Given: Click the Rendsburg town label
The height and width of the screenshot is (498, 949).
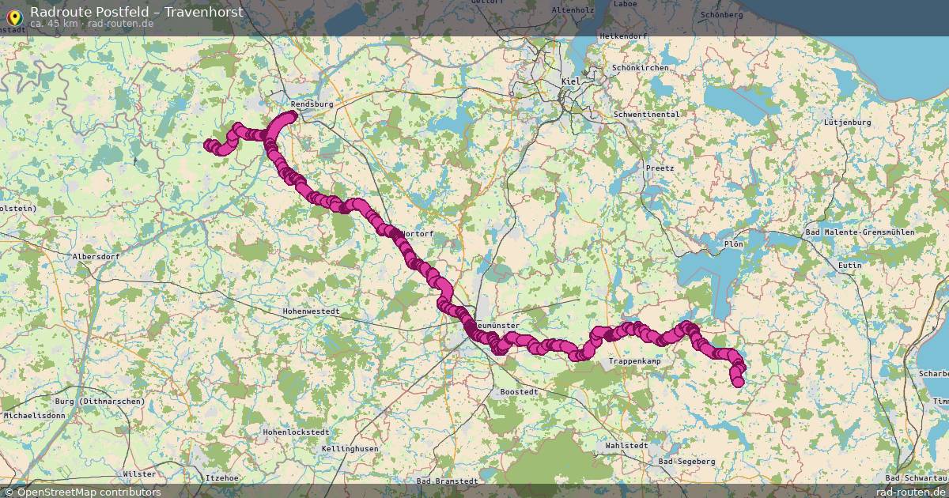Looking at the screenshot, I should (x=312, y=104).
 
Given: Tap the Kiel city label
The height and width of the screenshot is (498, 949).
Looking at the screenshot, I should (x=570, y=81).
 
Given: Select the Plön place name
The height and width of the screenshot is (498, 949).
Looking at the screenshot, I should (x=733, y=244).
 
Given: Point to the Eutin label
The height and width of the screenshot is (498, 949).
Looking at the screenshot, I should (x=850, y=266).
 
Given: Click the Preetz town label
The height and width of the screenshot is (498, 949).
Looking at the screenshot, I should (x=660, y=168).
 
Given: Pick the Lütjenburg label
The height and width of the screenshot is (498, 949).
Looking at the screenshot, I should (x=847, y=123).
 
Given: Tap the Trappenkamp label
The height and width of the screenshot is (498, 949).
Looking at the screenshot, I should (x=634, y=361).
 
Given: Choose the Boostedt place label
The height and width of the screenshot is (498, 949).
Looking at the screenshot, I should (x=520, y=392).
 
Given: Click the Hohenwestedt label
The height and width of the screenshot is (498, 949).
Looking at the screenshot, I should (x=311, y=311).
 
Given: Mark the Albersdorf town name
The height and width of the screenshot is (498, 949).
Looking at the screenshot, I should (x=95, y=257).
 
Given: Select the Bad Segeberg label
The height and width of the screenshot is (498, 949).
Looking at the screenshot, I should (x=686, y=461).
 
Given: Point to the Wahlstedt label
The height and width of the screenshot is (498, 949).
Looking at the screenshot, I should (x=626, y=446).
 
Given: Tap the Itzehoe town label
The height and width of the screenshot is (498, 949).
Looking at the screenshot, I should (x=221, y=478).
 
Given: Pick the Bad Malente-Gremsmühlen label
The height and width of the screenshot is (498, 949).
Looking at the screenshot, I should (x=859, y=232).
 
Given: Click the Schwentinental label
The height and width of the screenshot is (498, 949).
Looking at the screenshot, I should (x=646, y=115).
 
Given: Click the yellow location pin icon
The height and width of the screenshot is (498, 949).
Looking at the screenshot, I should (x=13, y=17).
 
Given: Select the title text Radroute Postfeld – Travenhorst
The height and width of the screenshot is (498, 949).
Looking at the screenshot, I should (x=137, y=12).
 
